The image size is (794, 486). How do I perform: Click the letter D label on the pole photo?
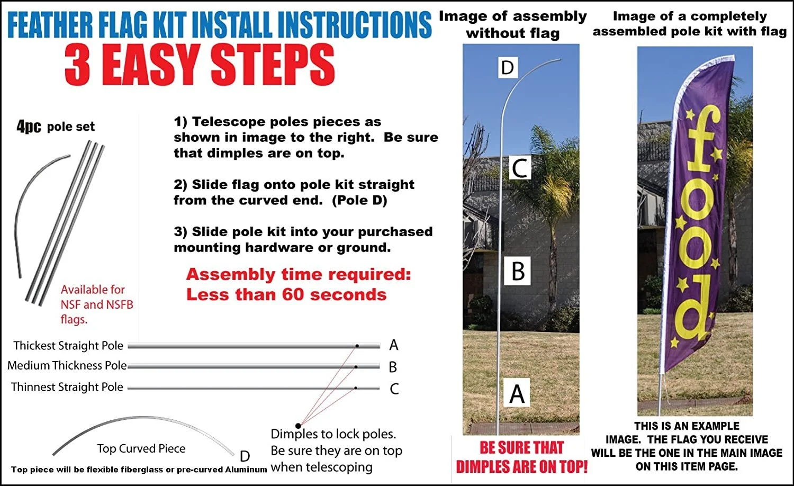pos(507,68)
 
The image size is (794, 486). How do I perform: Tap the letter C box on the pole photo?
pos(520,168)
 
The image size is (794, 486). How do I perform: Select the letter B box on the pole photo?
pos(517,271)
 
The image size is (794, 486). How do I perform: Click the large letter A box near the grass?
pos(517,394)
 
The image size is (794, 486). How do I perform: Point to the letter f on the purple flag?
pos(702,139)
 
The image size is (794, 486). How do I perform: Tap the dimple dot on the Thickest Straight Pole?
pos(357,346)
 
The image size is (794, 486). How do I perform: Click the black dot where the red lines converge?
pos(298,426)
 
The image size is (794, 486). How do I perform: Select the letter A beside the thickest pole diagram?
pos(393,345)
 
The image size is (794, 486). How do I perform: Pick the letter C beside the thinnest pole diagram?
pos(394,389)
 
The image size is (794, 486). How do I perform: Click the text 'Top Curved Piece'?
pos(141,448)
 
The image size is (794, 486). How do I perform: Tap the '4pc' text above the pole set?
pos(29,127)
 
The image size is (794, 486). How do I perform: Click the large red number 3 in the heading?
pos(78,65)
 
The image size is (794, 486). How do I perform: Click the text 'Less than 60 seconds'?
pos(286,294)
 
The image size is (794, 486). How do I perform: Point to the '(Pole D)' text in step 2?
pos(359,201)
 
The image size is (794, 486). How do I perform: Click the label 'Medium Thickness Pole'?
pos(67,365)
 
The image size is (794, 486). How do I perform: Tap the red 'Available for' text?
pos(93,290)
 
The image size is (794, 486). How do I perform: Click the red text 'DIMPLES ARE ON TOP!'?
pos(521,466)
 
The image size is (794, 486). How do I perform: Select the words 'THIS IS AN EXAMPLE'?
pos(687,426)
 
